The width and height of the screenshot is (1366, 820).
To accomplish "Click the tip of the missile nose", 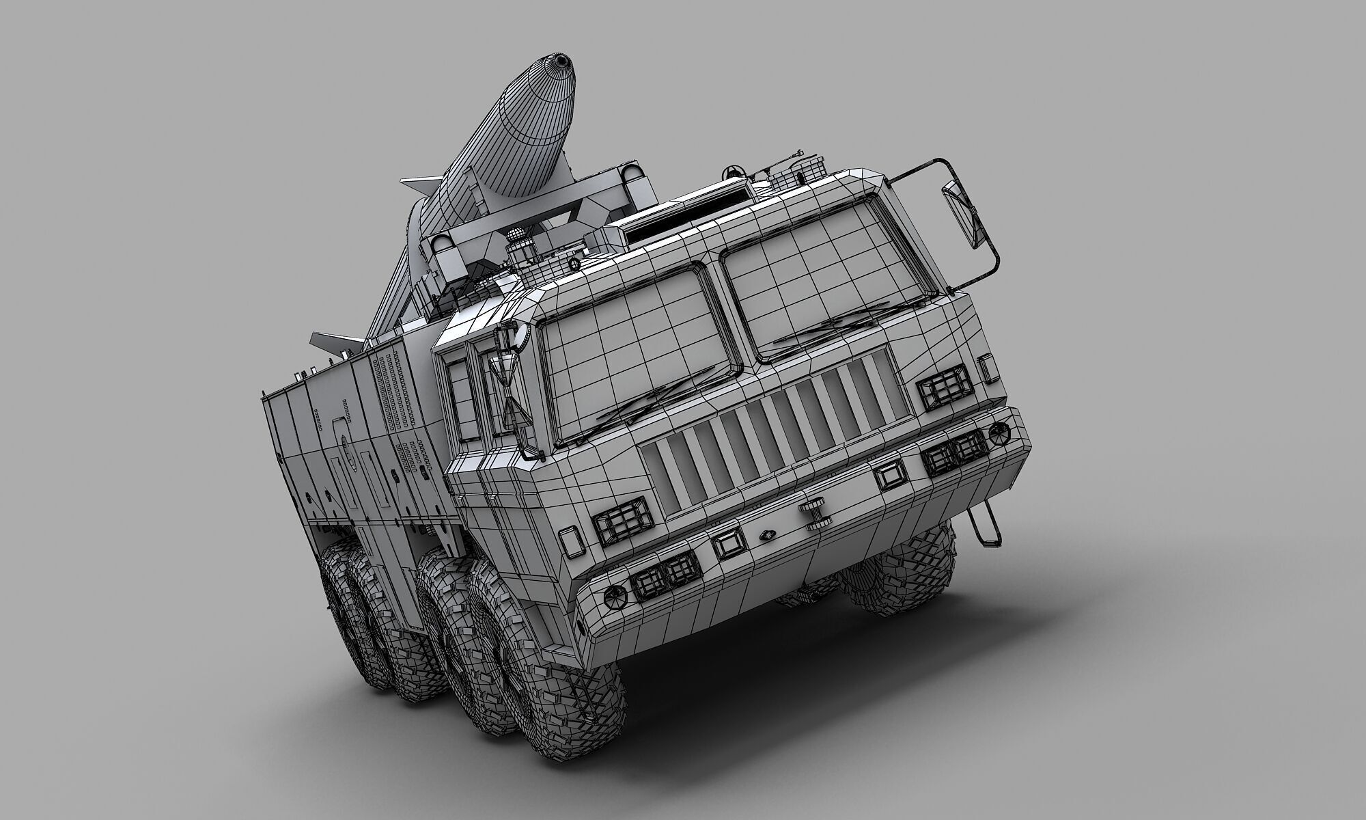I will click(561, 61).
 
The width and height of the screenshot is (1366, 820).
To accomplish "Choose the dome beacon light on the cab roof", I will click(517, 243).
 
